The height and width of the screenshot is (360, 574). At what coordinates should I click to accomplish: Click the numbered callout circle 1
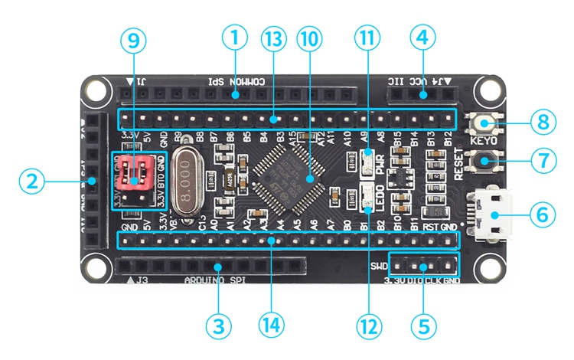(235, 36)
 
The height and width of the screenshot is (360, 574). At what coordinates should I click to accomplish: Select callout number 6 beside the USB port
(542, 214)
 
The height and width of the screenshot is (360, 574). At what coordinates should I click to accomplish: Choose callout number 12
(367, 325)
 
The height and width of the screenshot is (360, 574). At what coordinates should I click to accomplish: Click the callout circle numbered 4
(422, 36)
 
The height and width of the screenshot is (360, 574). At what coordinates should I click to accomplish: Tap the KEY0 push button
(484, 123)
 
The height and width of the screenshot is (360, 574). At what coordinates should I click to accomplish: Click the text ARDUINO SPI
(214, 279)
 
